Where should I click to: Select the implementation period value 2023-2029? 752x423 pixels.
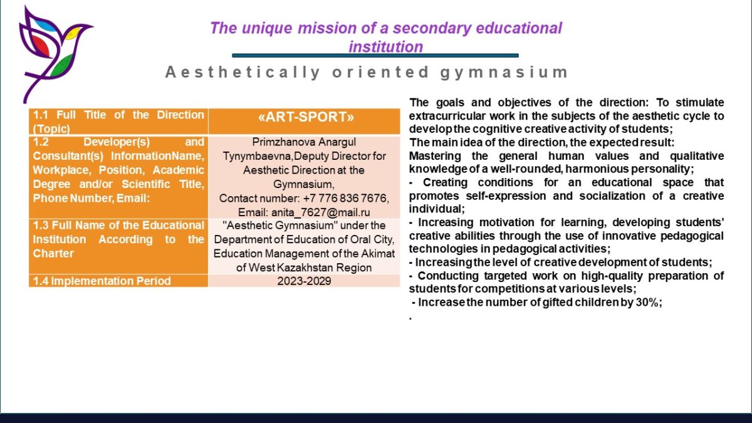point(304,281)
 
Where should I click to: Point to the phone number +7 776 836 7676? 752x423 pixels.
point(346,199)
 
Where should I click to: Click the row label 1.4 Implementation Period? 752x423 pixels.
point(102,281)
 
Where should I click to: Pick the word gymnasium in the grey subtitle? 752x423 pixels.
point(504,73)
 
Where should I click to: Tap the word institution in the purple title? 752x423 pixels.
point(386,47)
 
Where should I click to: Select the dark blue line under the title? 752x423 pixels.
point(375,56)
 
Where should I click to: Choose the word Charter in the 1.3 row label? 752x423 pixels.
point(53,253)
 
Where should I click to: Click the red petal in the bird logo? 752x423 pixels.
point(42,46)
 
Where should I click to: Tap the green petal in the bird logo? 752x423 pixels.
point(62,65)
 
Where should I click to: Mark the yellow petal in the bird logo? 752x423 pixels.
point(72,33)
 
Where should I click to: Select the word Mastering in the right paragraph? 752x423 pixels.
point(435,157)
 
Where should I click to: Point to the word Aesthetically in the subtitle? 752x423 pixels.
point(243,73)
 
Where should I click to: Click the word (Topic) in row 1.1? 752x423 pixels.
point(51,129)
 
